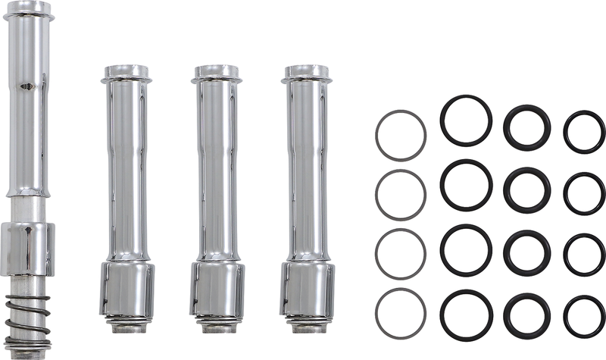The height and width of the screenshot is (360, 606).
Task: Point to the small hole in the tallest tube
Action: pyautogui.click(x=29, y=86)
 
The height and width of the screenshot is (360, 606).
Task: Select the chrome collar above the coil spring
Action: pyautogui.click(x=27, y=248)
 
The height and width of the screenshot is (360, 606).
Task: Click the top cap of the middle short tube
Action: pyautogui.click(x=217, y=73)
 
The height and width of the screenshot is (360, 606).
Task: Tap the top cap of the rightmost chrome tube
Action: pyautogui.click(x=307, y=73)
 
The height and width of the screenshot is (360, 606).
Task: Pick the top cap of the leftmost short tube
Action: pyautogui.click(x=127, y=73)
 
